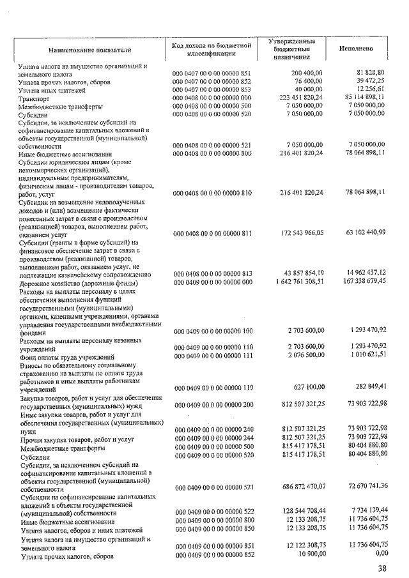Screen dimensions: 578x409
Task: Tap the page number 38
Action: point(382,567)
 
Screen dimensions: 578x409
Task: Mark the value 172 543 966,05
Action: point(297,232)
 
